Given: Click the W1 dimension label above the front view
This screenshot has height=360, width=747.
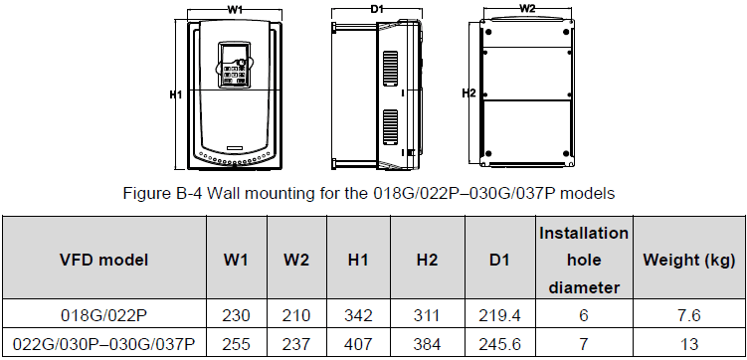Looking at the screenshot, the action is [x=233, y=10].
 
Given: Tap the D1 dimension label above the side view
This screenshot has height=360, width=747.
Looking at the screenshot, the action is [x=377, y=10].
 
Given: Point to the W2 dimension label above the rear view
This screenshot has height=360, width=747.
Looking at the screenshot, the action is [x=527, y=8].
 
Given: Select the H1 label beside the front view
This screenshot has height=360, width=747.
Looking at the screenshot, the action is [x=177, y=95].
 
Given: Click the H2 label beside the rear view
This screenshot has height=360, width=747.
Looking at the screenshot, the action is [x=469, y=93].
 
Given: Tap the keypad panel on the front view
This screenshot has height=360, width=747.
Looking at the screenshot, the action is [x=234, y=66].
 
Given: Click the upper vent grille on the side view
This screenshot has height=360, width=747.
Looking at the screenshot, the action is [x=391, y=68].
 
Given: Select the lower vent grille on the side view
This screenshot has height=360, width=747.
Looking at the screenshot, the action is [x=391, y=126].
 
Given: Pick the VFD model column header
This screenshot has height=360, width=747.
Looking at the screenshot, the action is [x=103, y=260].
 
